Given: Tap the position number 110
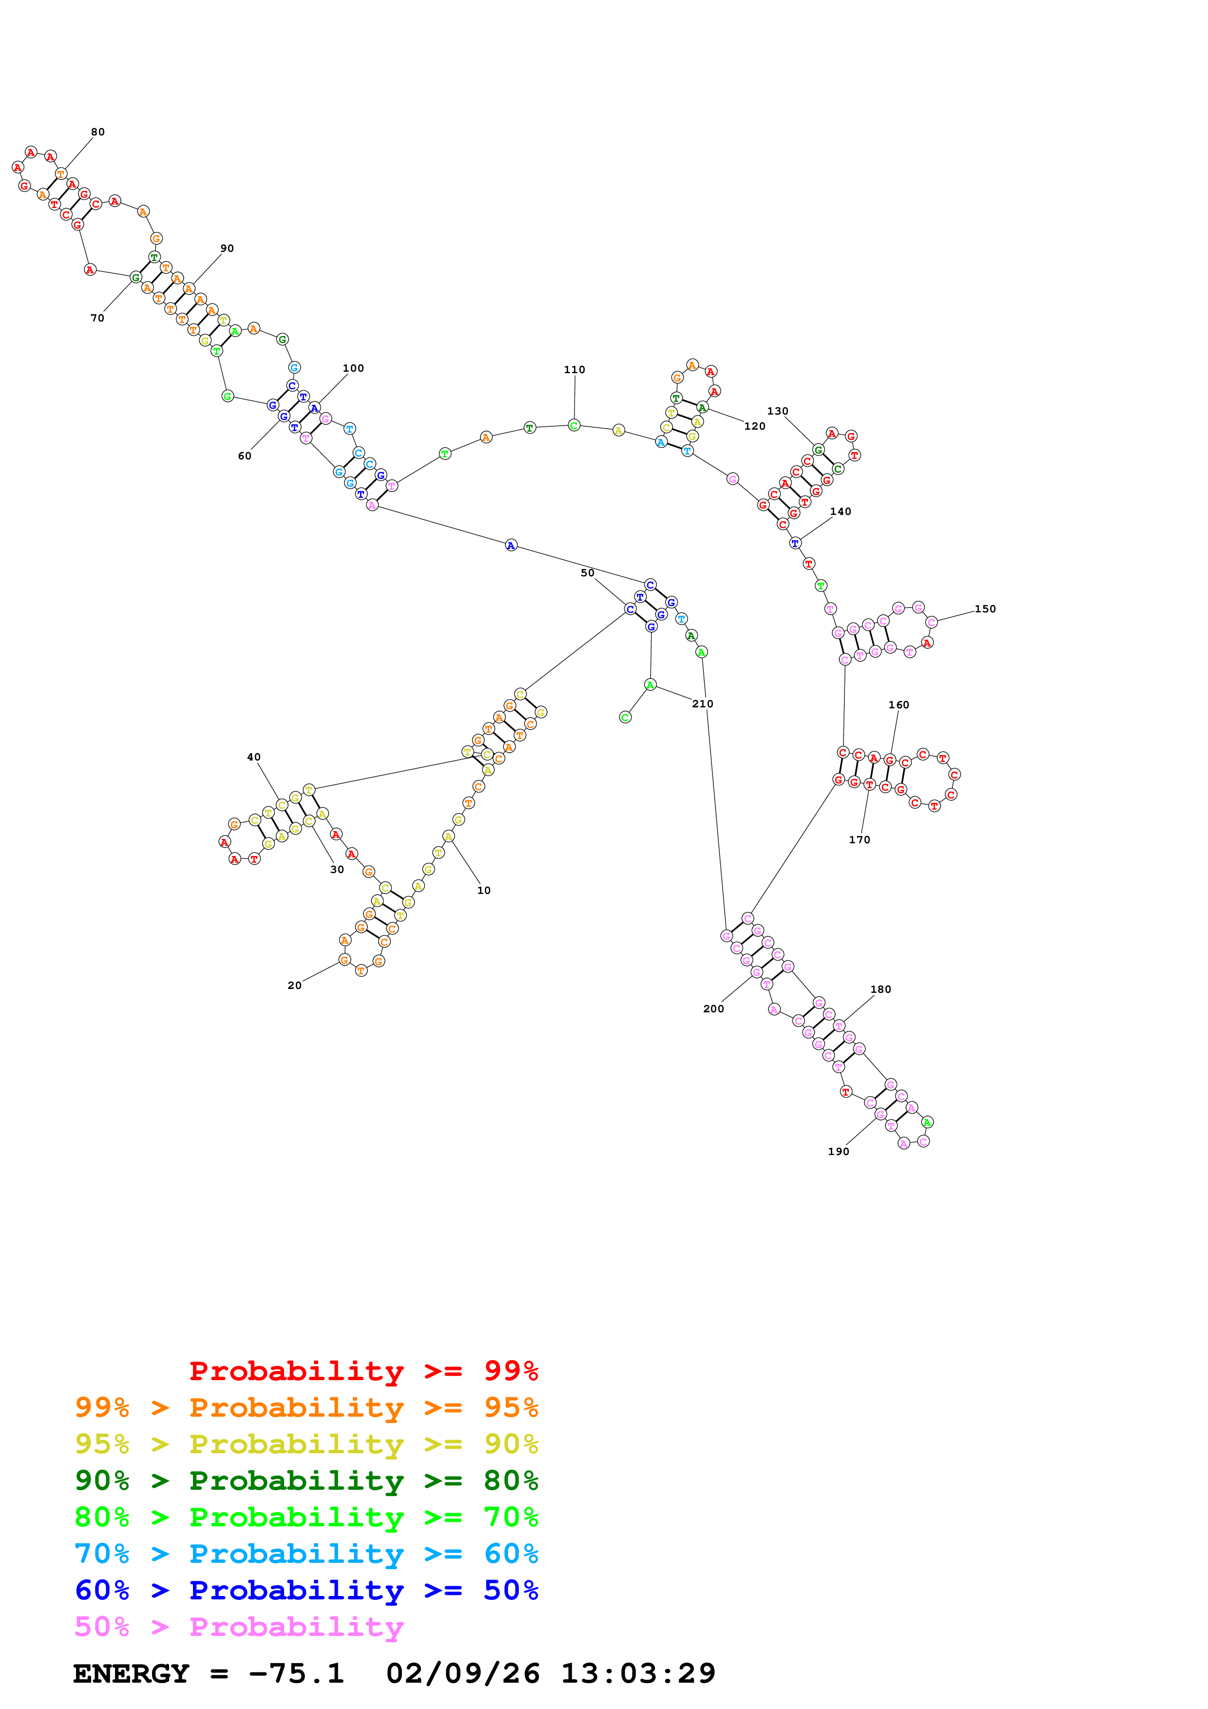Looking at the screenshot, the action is pyautogui.click(x=574, y=370).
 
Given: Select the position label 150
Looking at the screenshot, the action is pyautogui.click(x=985, y=609).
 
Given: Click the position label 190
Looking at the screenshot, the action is pyautogui.click(x=838, y=1152).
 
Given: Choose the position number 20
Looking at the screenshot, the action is pyautogui.click(x=295, y=986).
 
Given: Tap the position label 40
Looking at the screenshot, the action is pyautogui.click(x=254, y=757).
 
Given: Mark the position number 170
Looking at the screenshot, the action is pyautogui.click(x=859, y=839).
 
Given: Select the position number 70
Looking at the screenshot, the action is pyautogui.click(x=97, y=318).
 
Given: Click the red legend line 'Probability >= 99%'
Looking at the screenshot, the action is pyautogui.click(x=363, y=1371).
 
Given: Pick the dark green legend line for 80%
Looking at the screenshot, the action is pyautogui.click(x=306, y=1481).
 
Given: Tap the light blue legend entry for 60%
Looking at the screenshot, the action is pyautogui.click(x=306, y=1554).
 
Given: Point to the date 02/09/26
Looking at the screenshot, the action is pyautogui.click(x=462, y=1674).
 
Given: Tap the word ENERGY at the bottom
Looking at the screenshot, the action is pyautogui.click(x=131, y=1674).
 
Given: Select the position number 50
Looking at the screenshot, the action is pyautogui.click(x=587, y=573).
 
